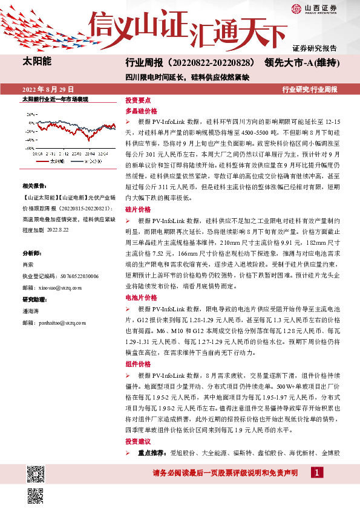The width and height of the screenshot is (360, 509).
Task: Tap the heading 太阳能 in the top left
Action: pyautogui.click(x=37, y=62)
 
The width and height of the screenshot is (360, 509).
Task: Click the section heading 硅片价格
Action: pyautogui.click(x=137, y=209)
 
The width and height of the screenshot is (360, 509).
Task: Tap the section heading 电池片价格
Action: pyautogui.click(x=141, y=298)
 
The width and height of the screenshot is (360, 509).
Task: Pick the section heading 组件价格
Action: pyautogui.click(x=137, y=365)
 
